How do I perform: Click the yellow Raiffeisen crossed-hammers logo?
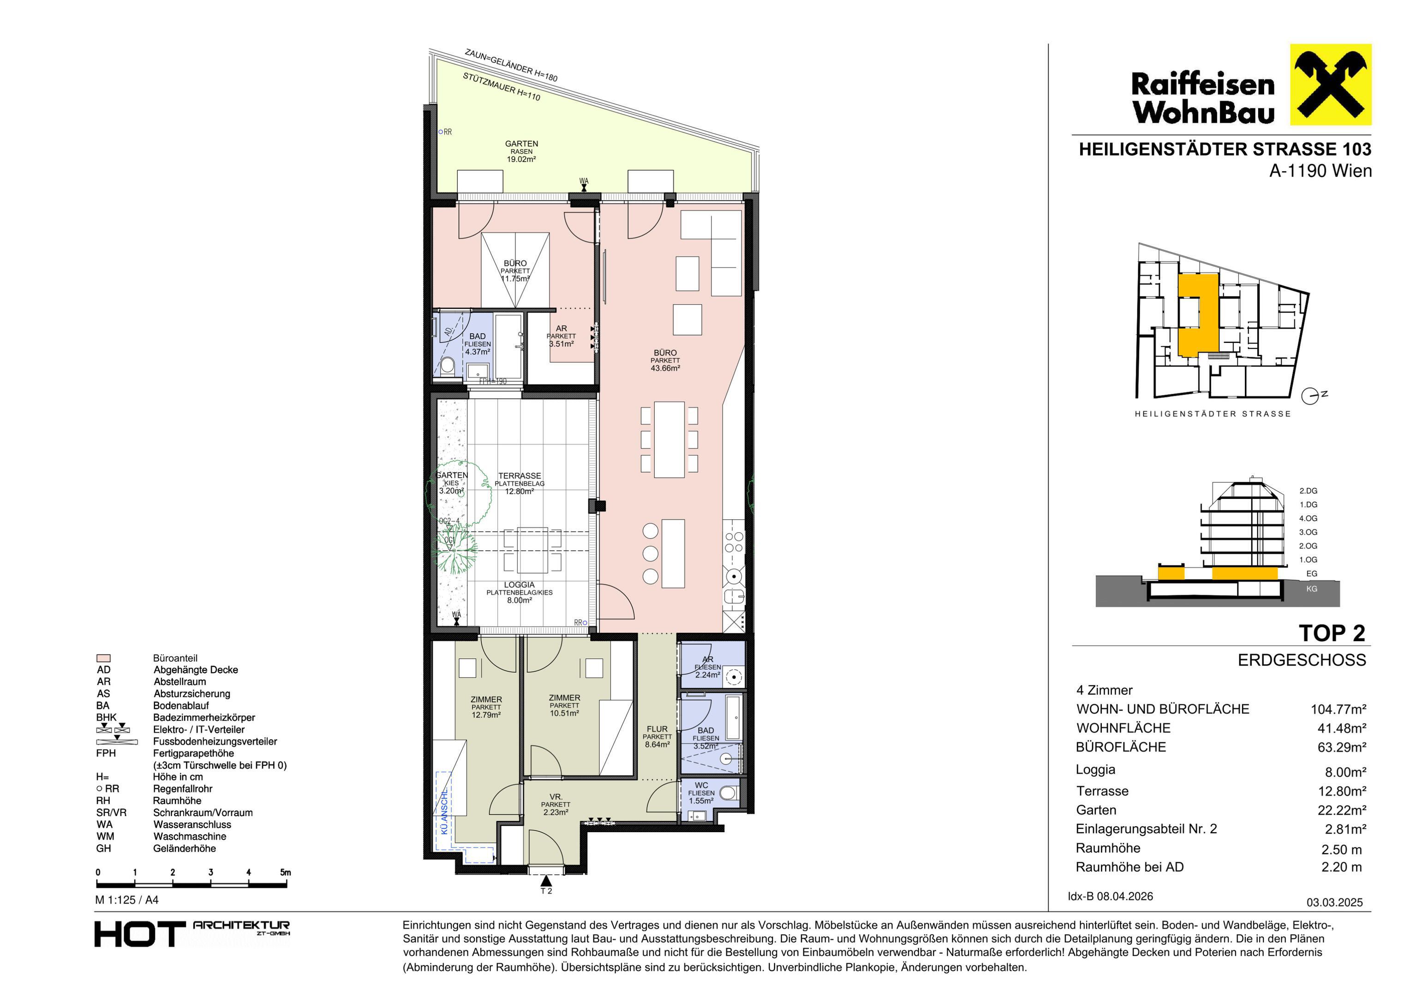tap(1330, 85)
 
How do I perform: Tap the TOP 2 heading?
tap(1332, 633)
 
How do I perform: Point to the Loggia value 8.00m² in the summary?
tap(1345, 772)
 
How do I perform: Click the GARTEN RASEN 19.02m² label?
tap(521, 151)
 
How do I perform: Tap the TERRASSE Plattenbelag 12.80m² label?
tap(520, 483)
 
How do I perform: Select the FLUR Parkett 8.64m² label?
tap(657, 737)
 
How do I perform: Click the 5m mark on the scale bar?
tap(286, 872)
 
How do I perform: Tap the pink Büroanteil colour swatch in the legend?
tap(104, 658)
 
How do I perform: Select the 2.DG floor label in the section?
tap(1308, 491)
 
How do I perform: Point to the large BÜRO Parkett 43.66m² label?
tap(665, 360)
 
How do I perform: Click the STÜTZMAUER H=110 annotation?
tap(502, 87)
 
